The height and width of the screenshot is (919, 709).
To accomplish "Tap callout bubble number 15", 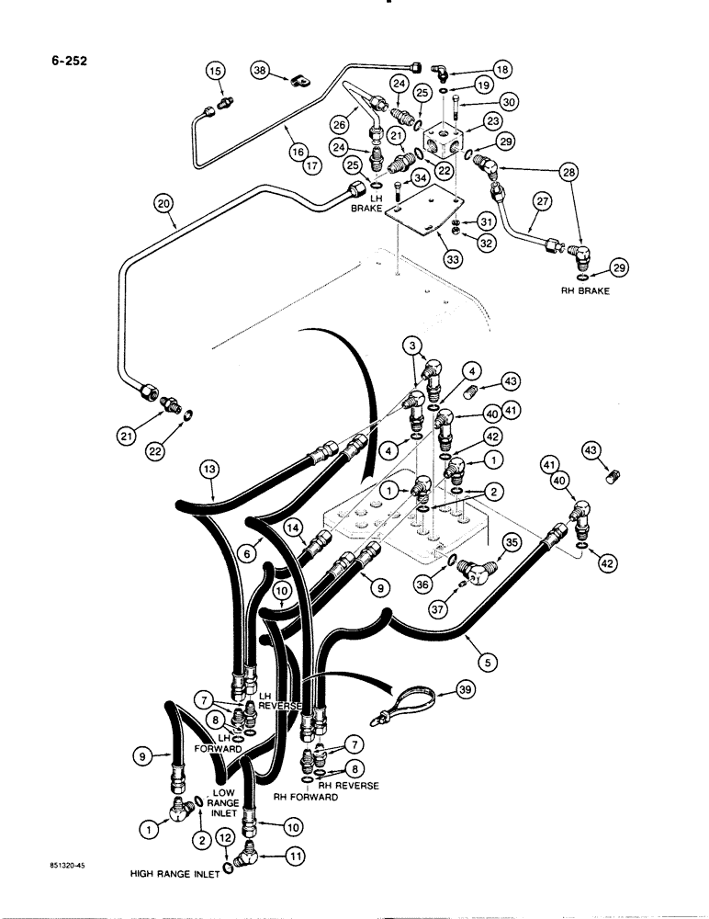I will (x=214, y=72).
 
